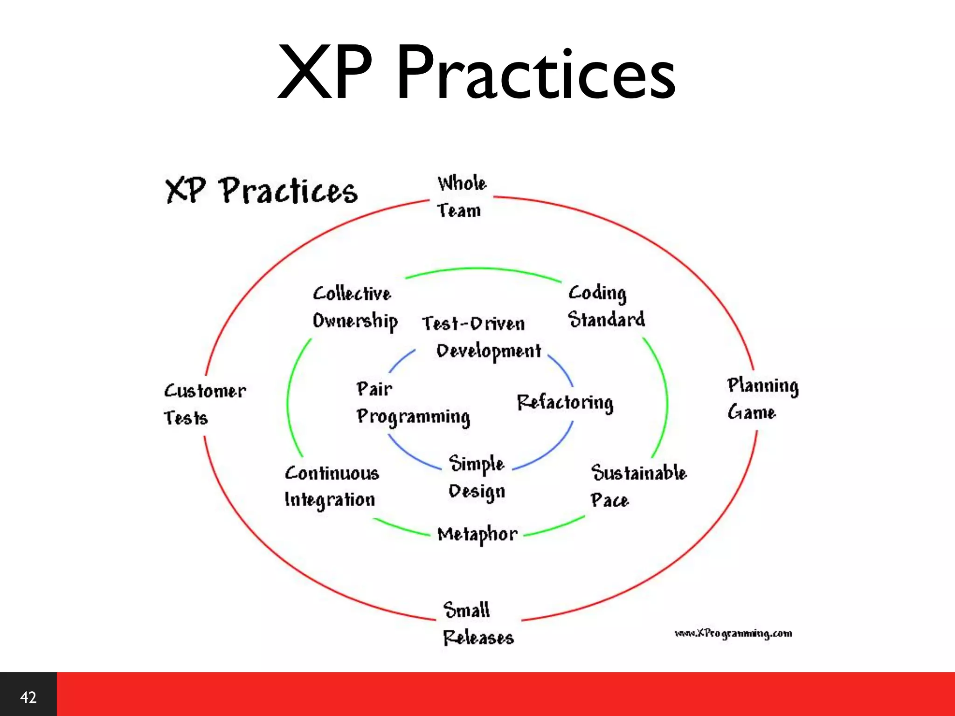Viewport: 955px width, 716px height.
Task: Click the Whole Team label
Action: click(461, 197)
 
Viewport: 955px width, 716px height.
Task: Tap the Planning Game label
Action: click(762, 399)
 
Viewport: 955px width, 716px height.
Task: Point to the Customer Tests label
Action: click(204, 404)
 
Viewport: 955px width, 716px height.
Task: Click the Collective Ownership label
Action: click(354, 308)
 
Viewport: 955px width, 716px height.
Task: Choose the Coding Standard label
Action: click(605, 306)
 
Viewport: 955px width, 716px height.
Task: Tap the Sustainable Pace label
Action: click(638, 486)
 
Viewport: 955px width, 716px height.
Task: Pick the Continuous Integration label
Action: click(331, 486)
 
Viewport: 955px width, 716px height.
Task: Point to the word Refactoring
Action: click(565, 403)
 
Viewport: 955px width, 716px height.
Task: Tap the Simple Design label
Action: click(477, 478)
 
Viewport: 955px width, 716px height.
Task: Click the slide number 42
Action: click(28, 697)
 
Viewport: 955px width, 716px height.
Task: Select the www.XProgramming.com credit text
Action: click(733, 633)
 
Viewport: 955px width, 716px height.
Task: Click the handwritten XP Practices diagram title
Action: click(261, 191)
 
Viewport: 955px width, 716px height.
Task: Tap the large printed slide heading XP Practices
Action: click(477, 72)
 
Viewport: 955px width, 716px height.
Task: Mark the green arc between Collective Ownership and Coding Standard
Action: click(483, 269)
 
